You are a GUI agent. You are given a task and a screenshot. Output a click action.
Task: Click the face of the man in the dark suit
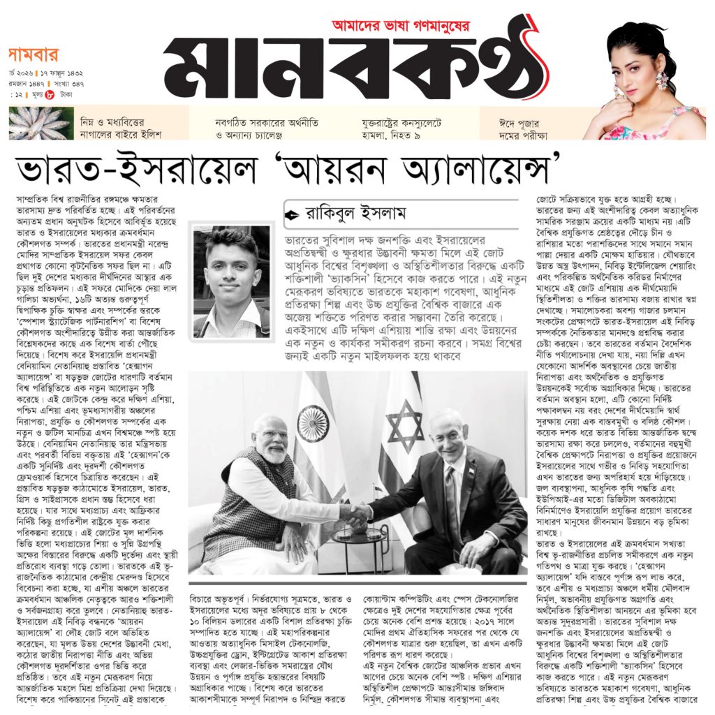pos(449,436)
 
